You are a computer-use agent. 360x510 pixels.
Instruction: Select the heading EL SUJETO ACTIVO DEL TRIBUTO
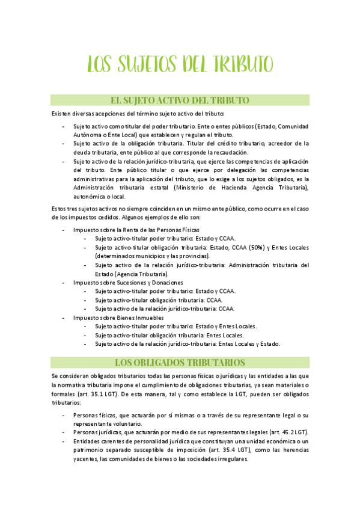click(x=180, y=100)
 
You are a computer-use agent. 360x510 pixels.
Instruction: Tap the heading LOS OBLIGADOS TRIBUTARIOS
click(x=180, y=362)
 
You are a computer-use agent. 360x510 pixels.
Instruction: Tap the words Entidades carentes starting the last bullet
click(x=98, y=441)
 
